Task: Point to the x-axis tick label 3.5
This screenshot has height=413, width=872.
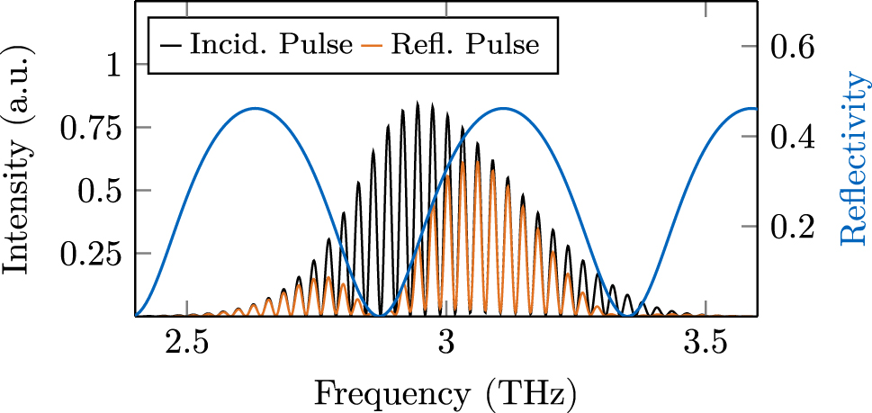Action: pos(705,347)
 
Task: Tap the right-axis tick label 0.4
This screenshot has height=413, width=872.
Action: pos(792,137)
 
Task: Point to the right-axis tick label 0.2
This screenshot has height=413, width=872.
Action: pos(792,226)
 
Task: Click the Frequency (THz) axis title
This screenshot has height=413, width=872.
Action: pos(445,393)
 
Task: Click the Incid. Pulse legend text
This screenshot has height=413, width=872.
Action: pos(271,45)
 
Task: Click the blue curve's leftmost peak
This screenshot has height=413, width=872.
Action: pos(255,108)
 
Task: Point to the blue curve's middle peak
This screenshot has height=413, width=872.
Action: pos(503,108)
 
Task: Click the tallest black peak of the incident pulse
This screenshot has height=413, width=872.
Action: pos(418,103)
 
